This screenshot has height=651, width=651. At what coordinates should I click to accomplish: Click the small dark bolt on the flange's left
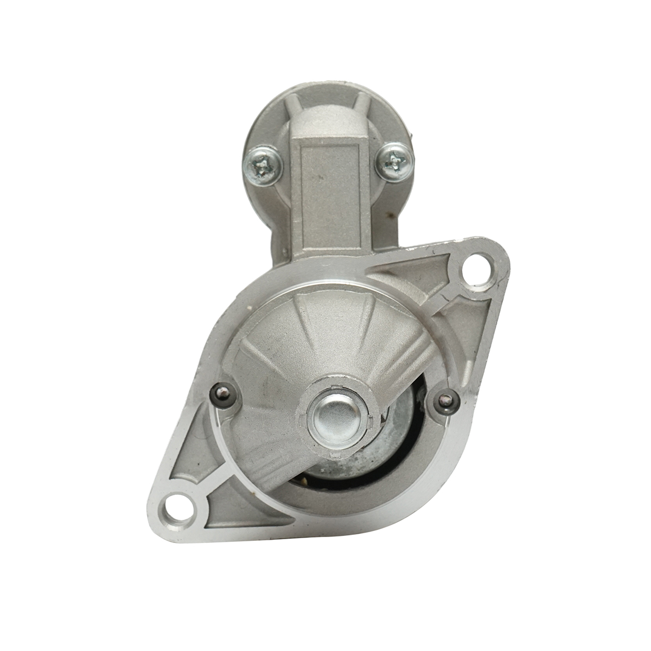[224, 394]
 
